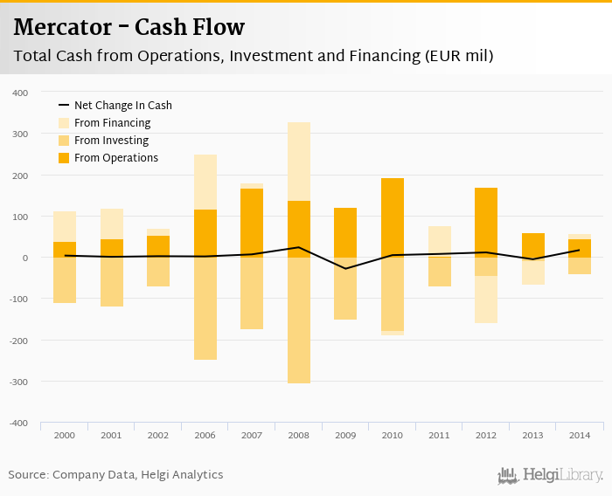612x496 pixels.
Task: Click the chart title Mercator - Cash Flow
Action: click(x=129, y=28)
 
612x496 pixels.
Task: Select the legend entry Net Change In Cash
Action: click(x=122, y=106)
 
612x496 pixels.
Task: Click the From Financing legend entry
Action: click(x=112, y=123)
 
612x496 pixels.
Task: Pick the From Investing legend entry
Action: click(x=111, y=141)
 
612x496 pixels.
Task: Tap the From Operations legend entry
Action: click(x=116, y=158)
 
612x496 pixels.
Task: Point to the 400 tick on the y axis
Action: click(x=20, y=93)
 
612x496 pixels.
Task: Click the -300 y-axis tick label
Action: click(x=18, y=382)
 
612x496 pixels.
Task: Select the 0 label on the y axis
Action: click(x=25, y=258)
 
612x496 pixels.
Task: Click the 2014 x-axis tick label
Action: click(x=580, y=434)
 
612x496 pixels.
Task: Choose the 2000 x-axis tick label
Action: click(x=65, y=434)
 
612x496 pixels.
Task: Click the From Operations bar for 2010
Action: click(x=393, y=217)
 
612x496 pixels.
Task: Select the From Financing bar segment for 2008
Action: click(x=299, y=162)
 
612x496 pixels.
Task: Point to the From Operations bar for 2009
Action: click(x=345, y=232)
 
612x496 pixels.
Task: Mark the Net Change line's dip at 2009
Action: click(x=345, y=268)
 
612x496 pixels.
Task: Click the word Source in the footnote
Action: click(x=27, y=475)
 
